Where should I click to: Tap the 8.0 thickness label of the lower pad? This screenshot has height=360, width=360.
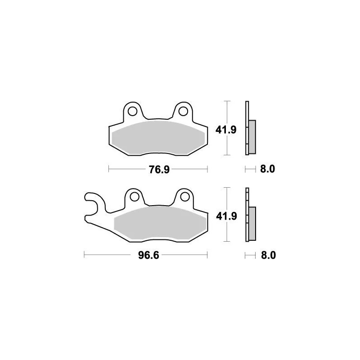pos(267,256)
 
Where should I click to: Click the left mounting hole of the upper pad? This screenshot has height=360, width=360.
pos(133,110)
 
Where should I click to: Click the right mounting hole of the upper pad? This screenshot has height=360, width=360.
pos(183,110)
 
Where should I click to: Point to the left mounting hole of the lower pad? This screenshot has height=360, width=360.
pos(134,196)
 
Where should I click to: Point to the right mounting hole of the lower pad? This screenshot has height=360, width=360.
pos(184,196)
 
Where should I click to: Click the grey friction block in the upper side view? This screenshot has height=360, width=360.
pos(252,136)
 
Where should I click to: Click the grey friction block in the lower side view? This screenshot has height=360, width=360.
pos(252,223)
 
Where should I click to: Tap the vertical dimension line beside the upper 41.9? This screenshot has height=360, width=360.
pos(228,112)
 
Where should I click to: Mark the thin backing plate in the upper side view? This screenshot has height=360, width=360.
pos(247,112)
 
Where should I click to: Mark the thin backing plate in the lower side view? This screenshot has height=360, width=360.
pos(247,198)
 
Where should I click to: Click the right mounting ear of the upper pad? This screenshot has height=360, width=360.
pos(183,108)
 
